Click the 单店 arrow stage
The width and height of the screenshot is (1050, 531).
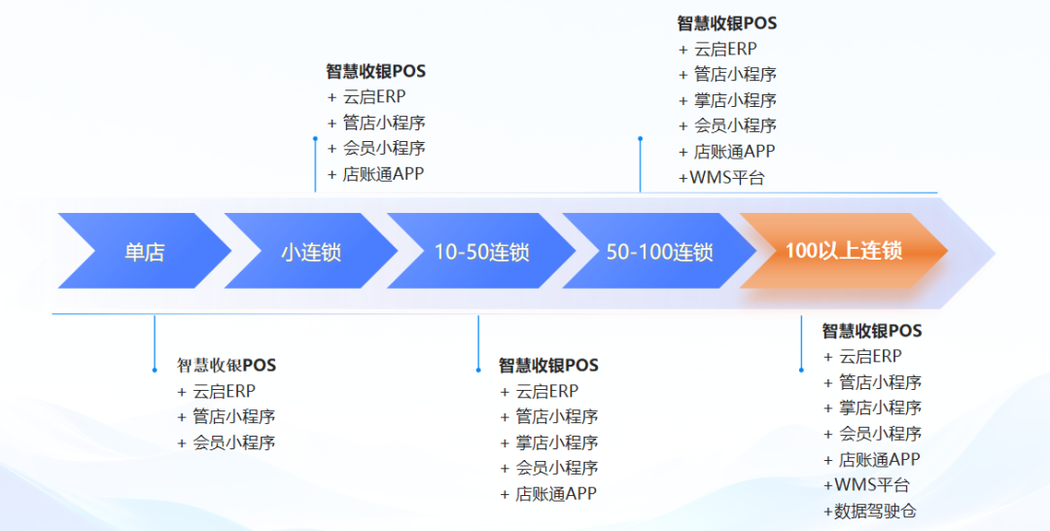tap(144, 252)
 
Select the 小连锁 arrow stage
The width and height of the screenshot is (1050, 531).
tap(311, 252)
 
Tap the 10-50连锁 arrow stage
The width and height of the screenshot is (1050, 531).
tap(481, 252)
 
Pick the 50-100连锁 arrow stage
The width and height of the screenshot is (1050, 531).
tap(659, 252)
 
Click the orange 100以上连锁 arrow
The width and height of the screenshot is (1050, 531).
tap(843, 251)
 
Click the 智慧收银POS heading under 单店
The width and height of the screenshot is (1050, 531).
tap(226, 366)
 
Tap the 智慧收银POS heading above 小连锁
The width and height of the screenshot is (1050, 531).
tap(375, 72)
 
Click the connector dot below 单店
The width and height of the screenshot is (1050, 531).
tap(154, 370)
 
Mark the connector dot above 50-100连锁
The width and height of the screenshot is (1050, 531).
tap(640, 138)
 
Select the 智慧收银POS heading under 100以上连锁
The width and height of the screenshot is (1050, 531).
tap(871, 332)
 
